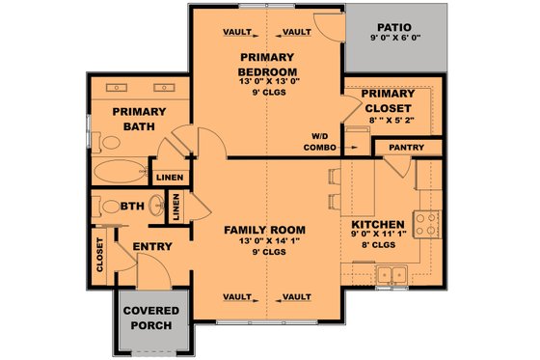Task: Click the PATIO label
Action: (394, 28)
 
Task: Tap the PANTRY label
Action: (408, 148)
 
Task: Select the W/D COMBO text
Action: (319, 141)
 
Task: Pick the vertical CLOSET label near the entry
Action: (100, 253)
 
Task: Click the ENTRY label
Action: (151, 247)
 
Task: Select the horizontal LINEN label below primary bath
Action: (168, 178)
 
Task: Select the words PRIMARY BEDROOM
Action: (266, 64)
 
